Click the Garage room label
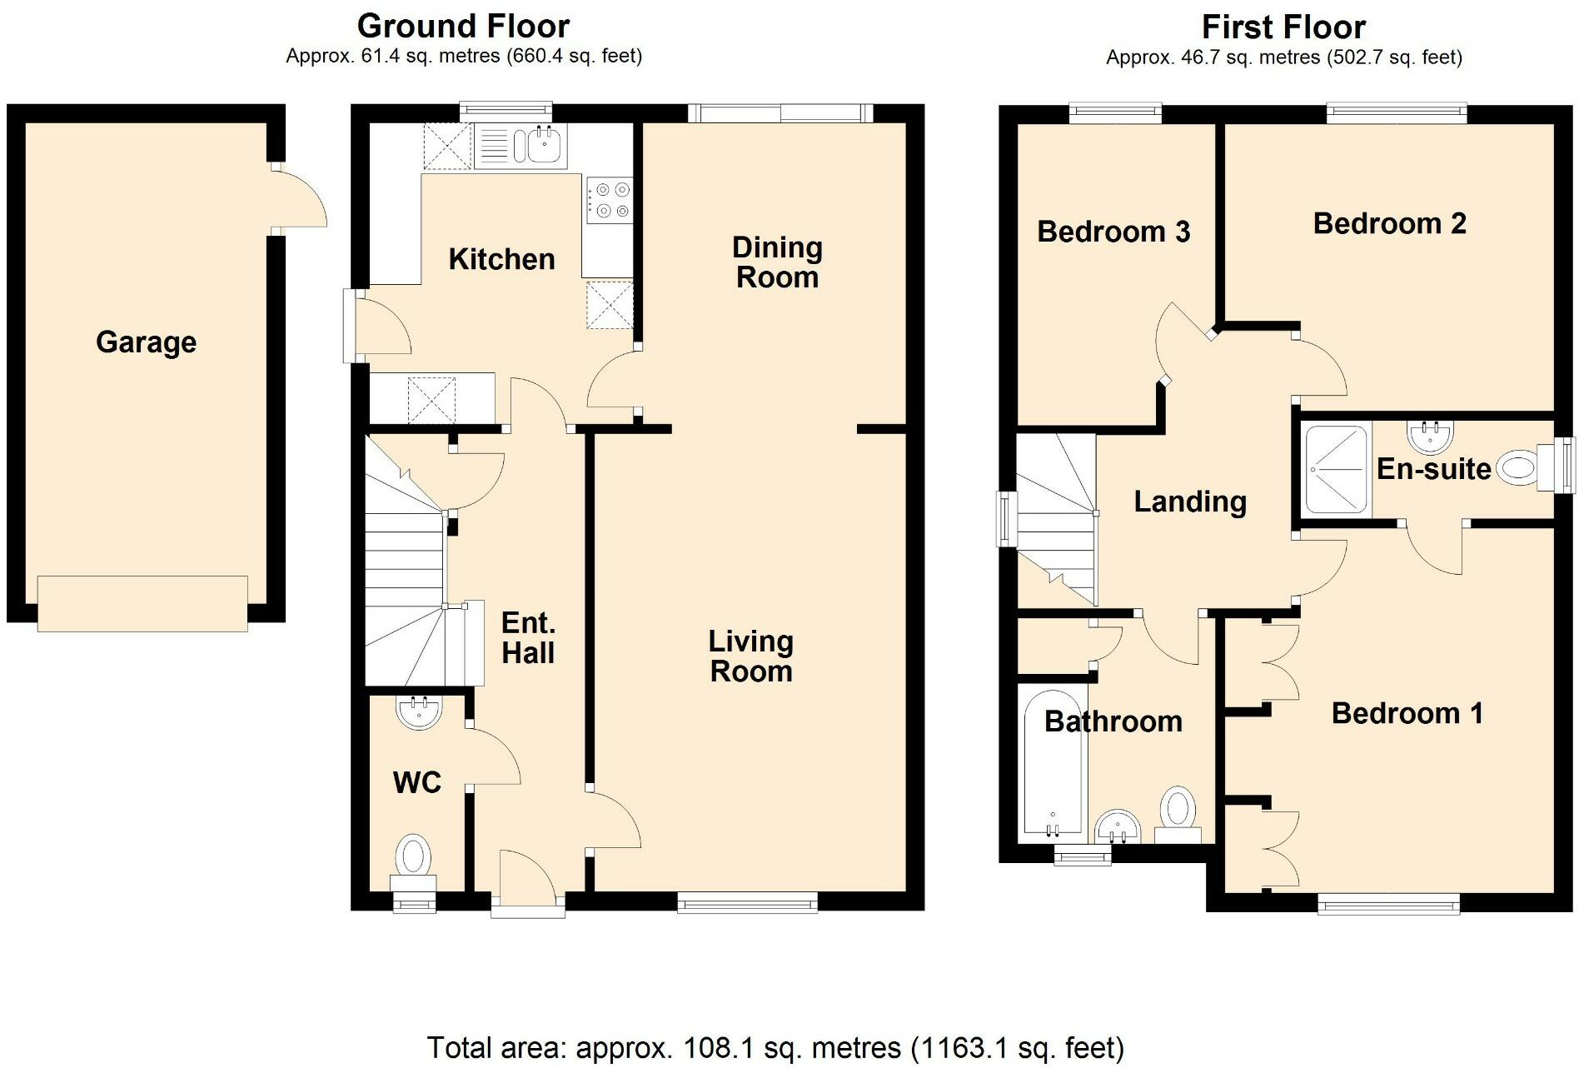click(x=146, y=342)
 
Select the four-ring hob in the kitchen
click(x=609, y=200)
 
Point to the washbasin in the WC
click(x=419, y=711)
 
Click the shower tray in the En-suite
click(x=1336, y=469)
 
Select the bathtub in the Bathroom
click(x=1053, y=763)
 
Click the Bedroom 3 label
click(x=1113, y=231)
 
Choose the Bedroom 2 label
click(x=1389, y=223)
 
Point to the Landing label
click(x=1190, y=502)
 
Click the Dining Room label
click(x=777, y=262)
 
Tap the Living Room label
click(x=750, y=656)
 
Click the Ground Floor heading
click(x=463, y=26)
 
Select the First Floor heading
click(x=1283, y=27)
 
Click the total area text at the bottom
click(x=775, y=1047)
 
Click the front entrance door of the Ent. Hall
click(x=528, y=883)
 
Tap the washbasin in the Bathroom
click(x=1117, y=828)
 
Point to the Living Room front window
click(x=747, y=902)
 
